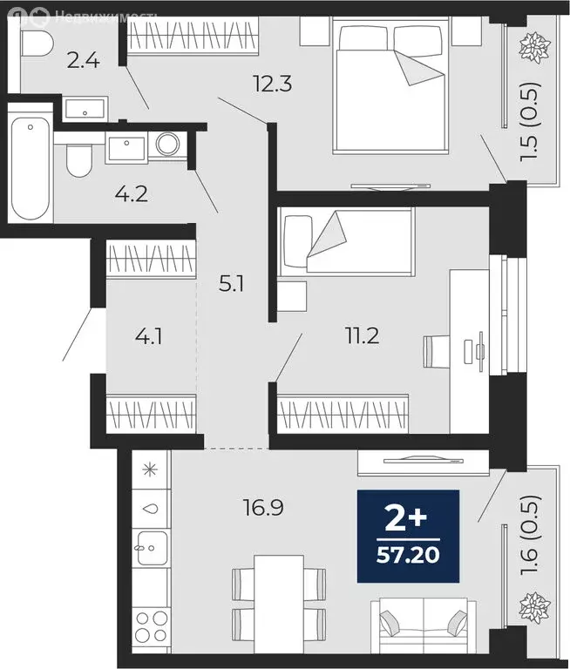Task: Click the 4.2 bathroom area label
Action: click(132, 193)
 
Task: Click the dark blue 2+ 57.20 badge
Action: click(408, 536)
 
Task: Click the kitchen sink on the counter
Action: click(151, 546)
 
